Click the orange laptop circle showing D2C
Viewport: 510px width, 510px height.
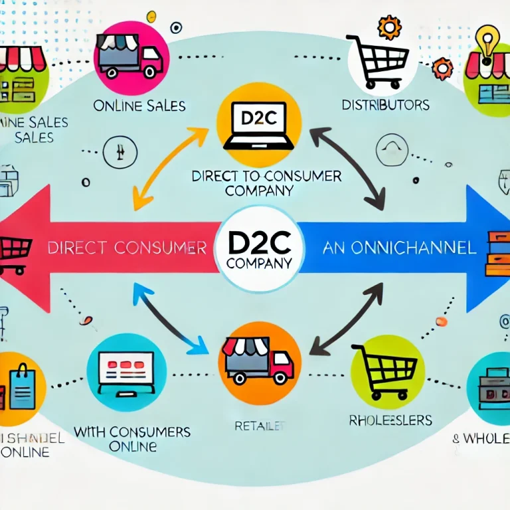[x=259, y=125]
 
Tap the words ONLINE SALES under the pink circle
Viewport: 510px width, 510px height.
[x=139, y=106]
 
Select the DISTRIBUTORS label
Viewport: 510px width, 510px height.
[x=385, y=105]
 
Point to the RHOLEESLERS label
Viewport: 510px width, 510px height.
[x=390, y=420]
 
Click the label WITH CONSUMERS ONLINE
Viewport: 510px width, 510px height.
[x=132, y=438]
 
